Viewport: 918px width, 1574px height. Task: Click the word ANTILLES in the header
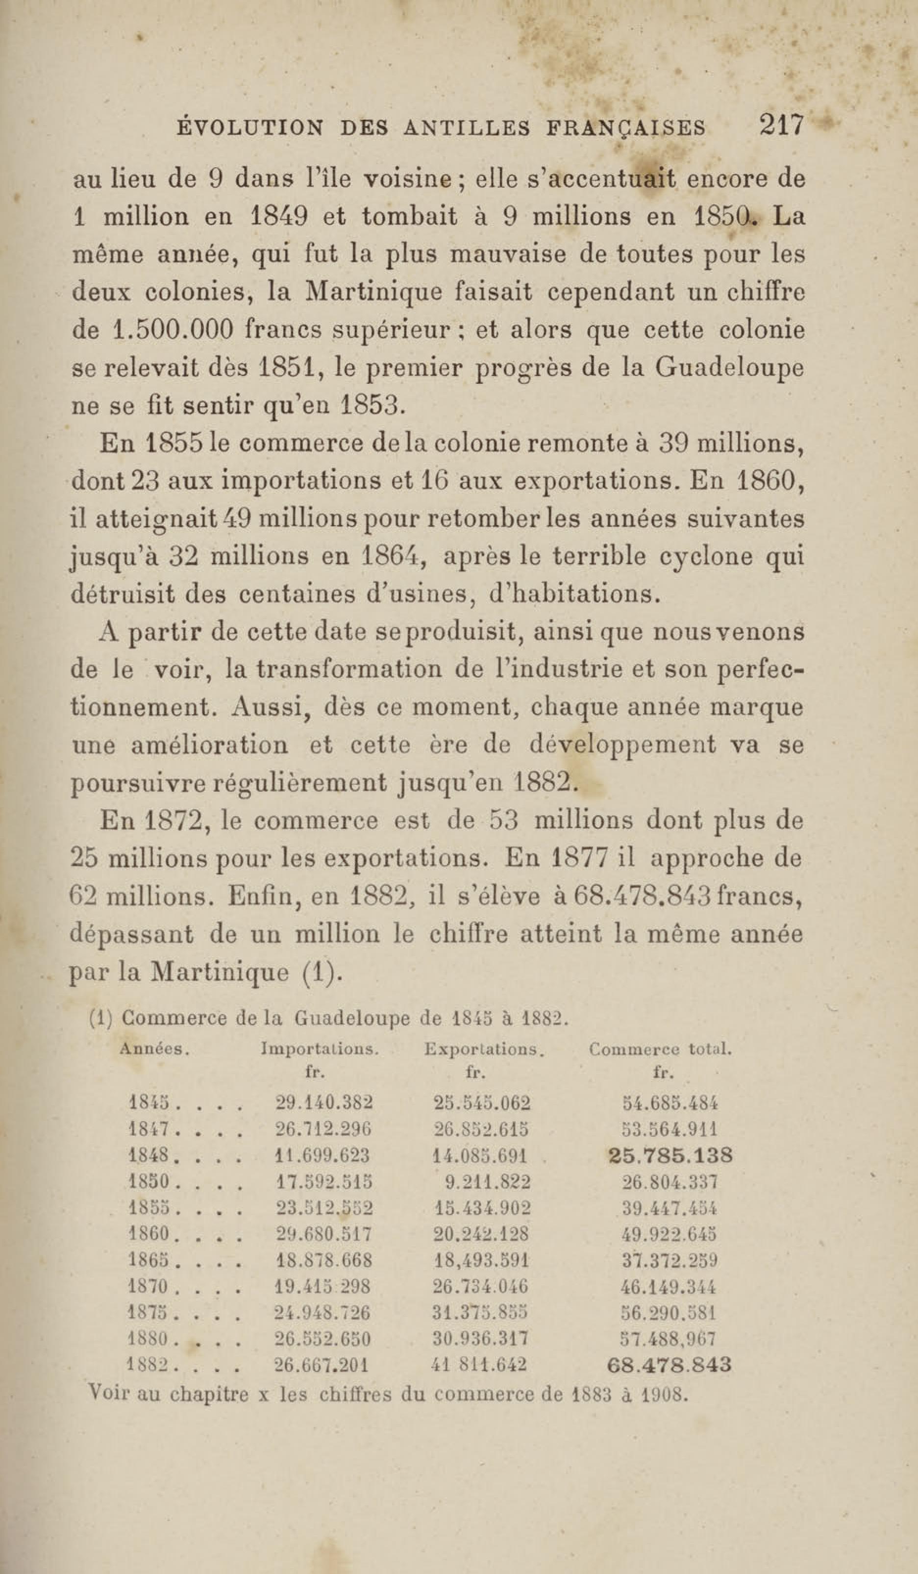click(467, 128)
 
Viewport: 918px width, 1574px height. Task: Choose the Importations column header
click(320, 1049)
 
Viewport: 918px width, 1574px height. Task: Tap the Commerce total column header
click(660, 1049)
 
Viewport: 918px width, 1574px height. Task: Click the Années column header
click(154, 1049)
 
